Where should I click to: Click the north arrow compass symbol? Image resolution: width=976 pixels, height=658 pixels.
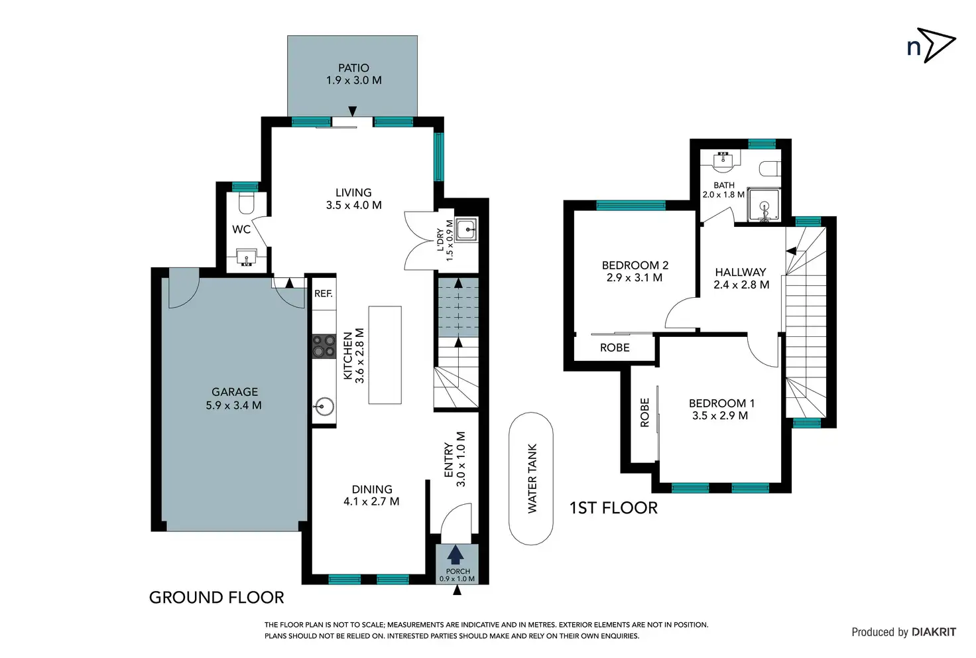click(936, 45)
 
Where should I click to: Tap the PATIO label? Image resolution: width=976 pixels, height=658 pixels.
click(354, 68)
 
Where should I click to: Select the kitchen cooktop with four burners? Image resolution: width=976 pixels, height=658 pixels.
click(324, 346)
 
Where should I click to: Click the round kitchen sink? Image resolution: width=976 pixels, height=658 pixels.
click(324, 407)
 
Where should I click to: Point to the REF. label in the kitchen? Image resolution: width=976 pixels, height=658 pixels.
click(324, 294)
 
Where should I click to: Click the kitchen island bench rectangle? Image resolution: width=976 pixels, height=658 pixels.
click(385, 355)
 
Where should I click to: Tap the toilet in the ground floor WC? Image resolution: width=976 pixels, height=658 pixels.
click(246, 203)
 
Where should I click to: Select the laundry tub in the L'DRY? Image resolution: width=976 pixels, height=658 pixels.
click(467, 230)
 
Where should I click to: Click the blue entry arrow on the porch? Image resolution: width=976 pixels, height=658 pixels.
click(456, 555)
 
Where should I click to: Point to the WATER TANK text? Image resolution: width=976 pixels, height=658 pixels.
click(532, 478)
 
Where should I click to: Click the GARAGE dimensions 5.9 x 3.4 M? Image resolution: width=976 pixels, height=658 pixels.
click(234, 405)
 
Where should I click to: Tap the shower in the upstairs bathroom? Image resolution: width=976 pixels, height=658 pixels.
click(764, 205)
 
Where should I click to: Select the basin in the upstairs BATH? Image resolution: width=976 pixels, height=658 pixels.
click(724, 159)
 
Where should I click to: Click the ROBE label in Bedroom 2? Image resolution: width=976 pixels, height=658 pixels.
click(615, 348)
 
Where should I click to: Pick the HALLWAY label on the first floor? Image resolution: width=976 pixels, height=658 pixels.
click(741, 273)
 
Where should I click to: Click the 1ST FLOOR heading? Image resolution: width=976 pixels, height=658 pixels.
click(613, 508)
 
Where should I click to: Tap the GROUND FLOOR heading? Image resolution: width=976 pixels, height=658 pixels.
click(217, 598)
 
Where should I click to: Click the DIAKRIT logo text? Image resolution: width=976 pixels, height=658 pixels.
click(934, 632)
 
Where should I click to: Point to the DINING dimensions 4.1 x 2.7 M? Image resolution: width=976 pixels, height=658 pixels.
click(371, 501)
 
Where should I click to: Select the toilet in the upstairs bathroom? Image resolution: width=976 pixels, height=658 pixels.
click(770, 168)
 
